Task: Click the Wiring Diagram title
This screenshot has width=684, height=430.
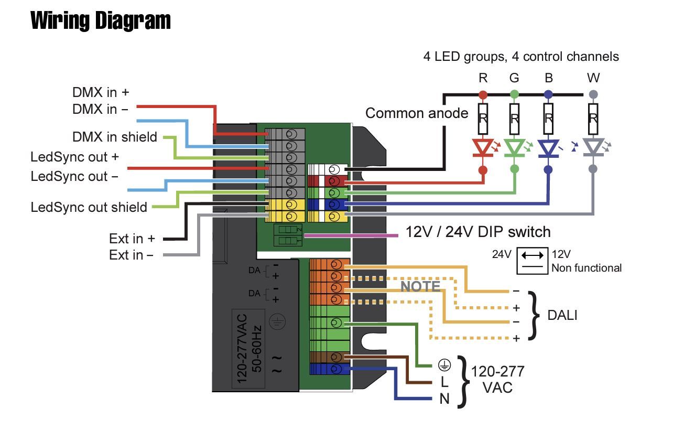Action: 101,21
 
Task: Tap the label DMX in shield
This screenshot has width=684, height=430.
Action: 115,137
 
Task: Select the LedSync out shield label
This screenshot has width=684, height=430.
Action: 89,207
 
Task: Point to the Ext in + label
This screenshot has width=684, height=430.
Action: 132,239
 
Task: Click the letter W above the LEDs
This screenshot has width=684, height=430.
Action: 593,78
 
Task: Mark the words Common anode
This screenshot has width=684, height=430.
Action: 417,113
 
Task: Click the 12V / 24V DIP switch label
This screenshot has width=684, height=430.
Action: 478,232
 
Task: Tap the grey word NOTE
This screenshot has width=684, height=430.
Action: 420,286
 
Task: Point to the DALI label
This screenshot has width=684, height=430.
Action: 562,315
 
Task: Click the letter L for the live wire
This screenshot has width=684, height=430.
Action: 444,383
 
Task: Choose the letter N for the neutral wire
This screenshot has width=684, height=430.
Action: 444,399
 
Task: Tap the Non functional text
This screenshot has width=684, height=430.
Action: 586,268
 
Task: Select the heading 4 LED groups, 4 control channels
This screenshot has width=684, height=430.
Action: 521,57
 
